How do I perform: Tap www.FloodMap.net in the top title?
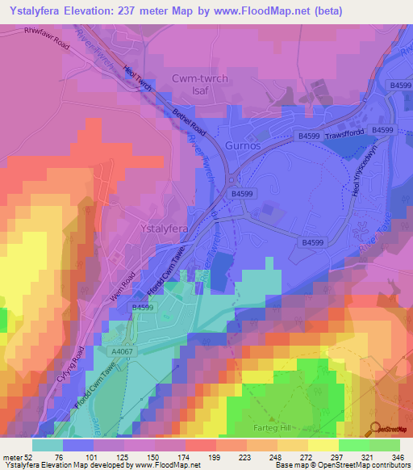click(x=263, y=11)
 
